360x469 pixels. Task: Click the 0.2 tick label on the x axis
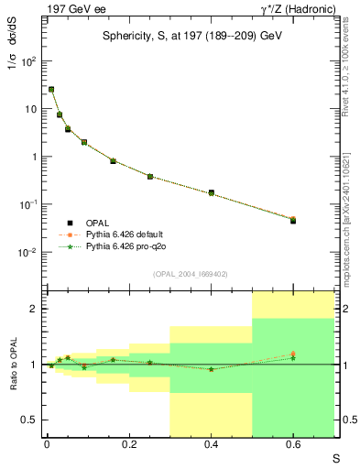tap(128, 443)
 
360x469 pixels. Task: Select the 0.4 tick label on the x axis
tap(211, 443)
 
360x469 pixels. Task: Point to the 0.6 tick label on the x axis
tap(293, 443)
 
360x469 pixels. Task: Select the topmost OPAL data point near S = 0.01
tap(51, 90)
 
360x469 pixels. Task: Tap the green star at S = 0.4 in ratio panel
tap(211, 369)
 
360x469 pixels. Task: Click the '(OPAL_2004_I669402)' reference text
tap(190, 274)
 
